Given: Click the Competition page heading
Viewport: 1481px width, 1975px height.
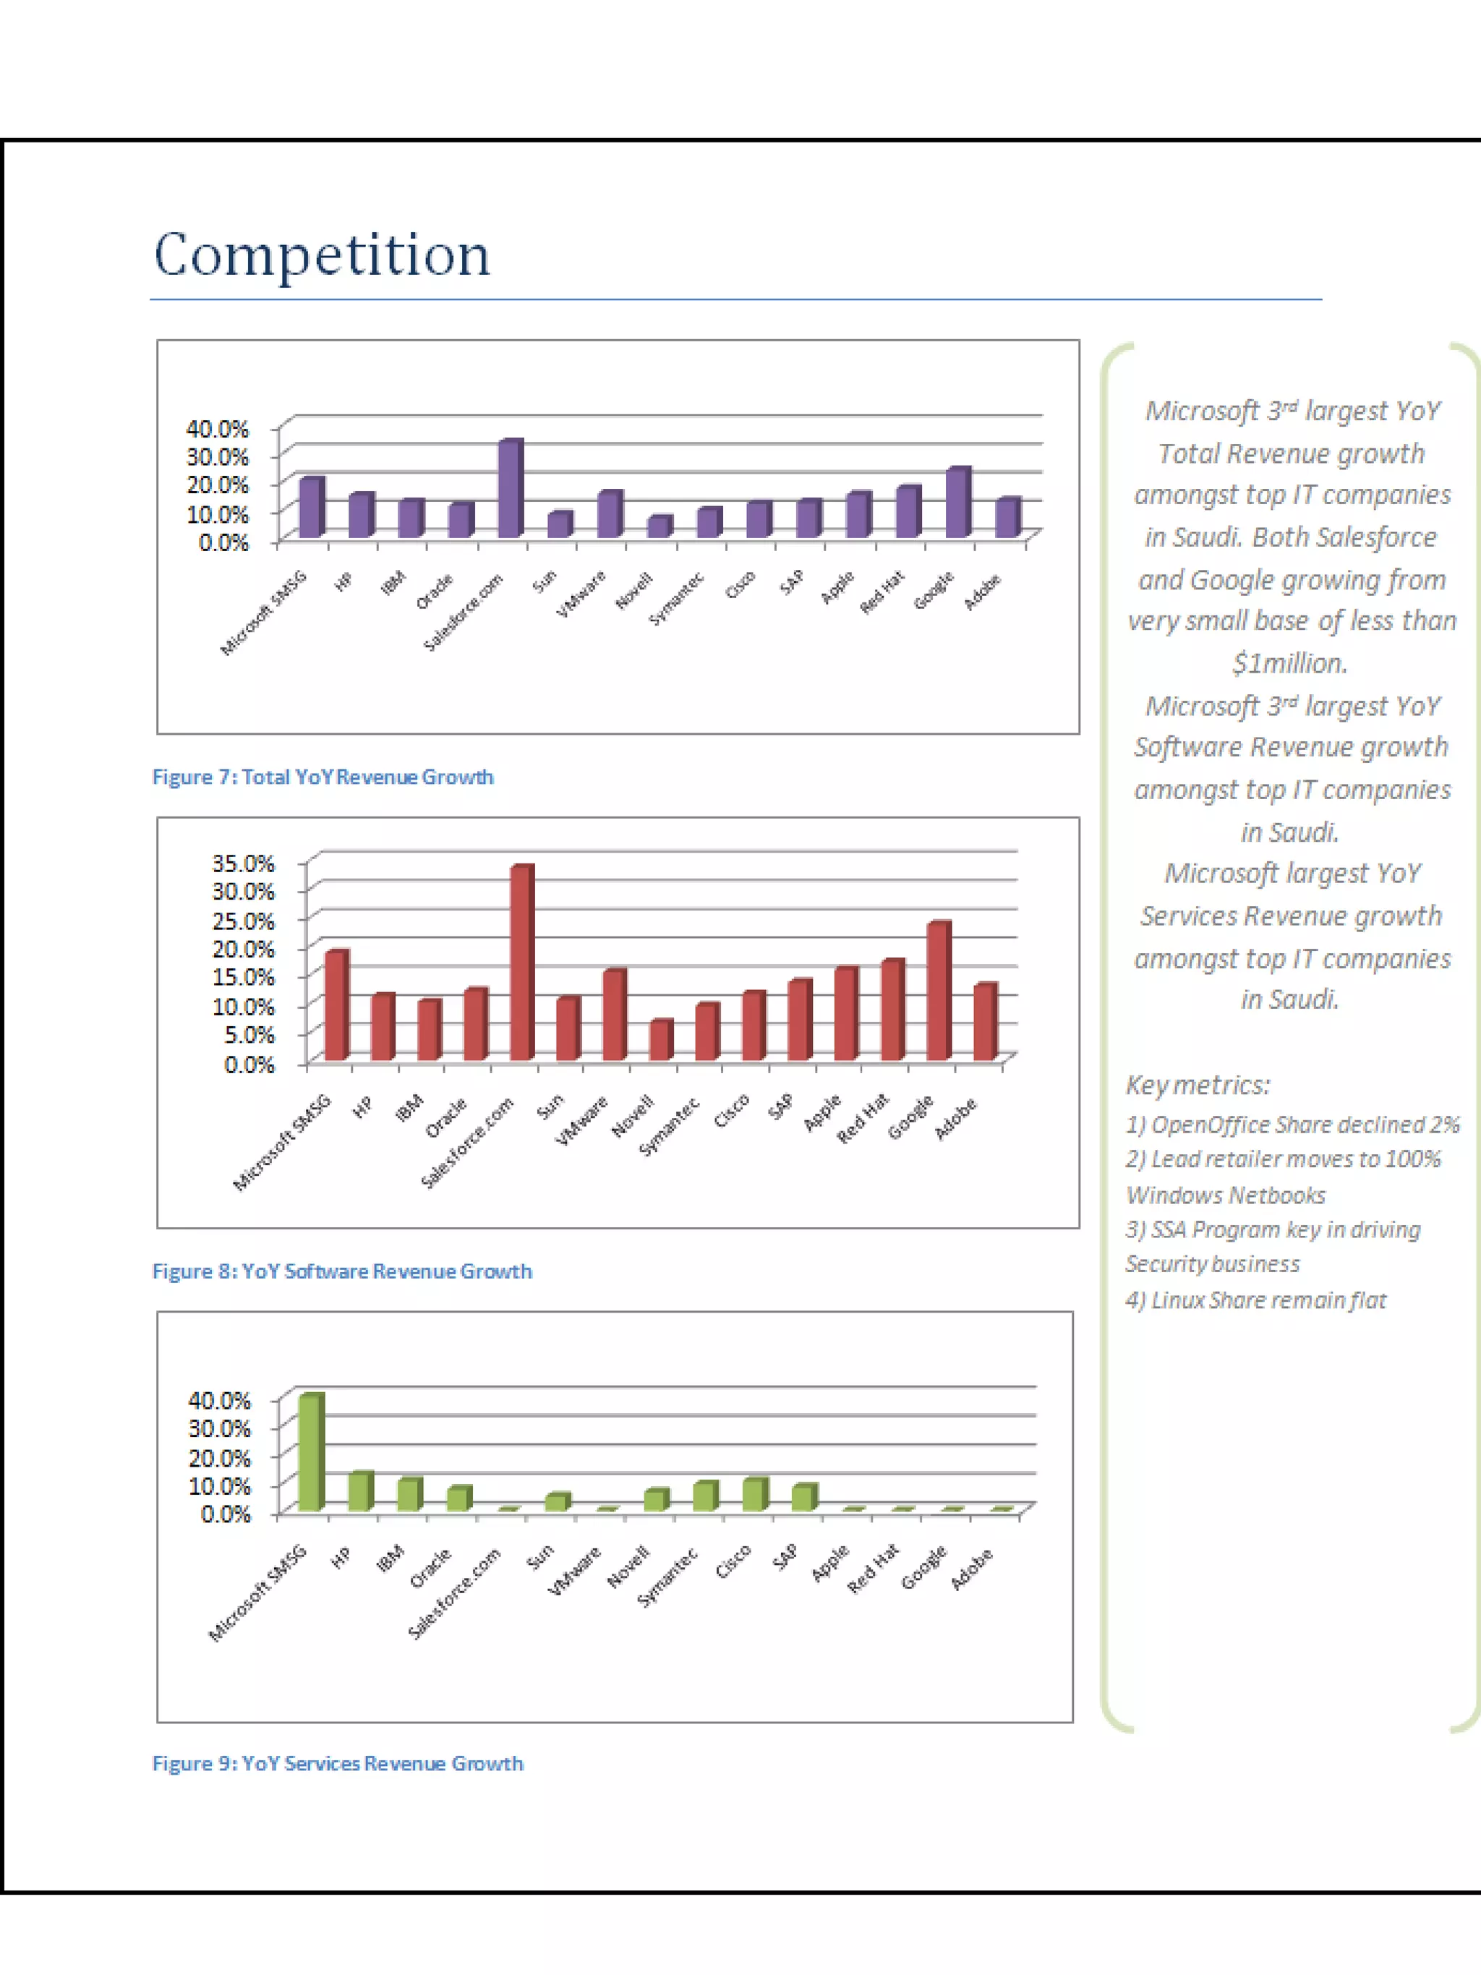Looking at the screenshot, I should point(323,255).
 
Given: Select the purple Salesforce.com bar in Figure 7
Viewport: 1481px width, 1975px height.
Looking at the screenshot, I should point(510,490).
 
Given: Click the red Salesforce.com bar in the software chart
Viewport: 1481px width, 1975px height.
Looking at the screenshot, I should point(521,964).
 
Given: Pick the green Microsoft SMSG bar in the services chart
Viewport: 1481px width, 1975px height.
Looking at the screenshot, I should point(310,1453).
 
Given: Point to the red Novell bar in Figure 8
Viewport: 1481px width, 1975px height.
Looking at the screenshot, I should point(660,1041).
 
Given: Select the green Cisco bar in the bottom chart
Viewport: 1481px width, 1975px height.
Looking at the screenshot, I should point(754,1495).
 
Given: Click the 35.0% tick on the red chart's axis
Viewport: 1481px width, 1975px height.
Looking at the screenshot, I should point(243,863).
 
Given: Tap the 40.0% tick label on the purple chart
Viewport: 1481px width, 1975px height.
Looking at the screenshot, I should point(217,429).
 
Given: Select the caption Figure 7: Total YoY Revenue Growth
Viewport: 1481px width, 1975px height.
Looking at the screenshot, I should point(323,777).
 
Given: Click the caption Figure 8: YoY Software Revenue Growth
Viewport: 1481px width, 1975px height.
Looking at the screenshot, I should point(342,1271).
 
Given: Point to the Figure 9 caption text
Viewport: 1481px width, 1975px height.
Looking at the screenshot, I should point(338,1763).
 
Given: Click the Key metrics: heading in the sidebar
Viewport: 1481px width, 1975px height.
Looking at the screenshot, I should point(1197,1085).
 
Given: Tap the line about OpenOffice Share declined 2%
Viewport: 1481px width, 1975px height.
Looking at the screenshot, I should point(1292,1125).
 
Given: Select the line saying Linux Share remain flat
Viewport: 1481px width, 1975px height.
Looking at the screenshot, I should point(1255,1300).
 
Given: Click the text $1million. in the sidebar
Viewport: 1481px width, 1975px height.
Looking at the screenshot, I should point(1290,663).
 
